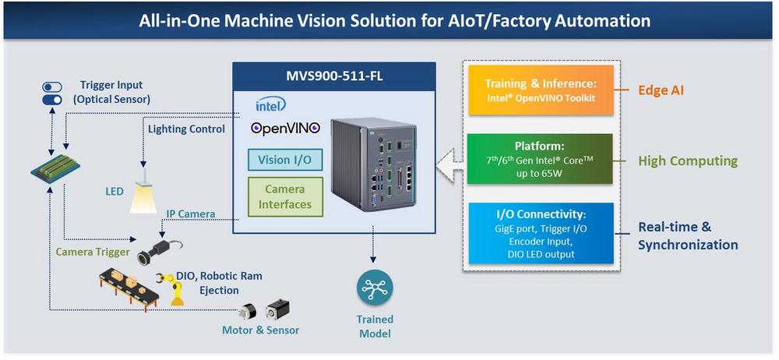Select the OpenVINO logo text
(286, 128)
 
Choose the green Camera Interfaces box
(284, 197)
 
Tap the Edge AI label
(661, 90)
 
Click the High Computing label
(687, 161)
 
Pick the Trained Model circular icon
(376, 288)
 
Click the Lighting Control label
(186, 129)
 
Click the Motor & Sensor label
(260, 330)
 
